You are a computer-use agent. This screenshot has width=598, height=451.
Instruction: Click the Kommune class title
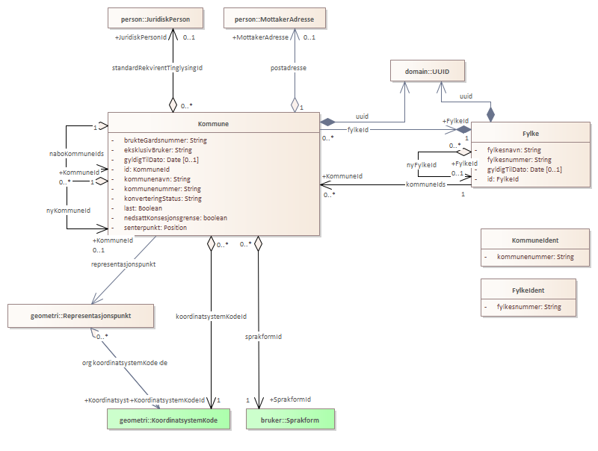tap(213, 123)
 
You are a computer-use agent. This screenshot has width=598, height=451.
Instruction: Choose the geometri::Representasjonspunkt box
tap(81, 315)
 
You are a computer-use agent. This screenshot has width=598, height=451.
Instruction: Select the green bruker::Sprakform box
tap(291, 420)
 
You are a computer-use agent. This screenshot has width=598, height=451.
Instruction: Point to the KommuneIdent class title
tap(535, 240)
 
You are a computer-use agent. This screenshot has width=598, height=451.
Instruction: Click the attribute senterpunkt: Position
tap(155, 227)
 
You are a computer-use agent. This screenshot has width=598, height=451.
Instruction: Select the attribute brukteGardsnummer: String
tap(165, 140)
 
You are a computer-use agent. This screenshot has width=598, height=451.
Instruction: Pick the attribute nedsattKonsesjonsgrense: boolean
tap(176, 217)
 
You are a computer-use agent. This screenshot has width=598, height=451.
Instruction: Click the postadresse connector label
tap(288, 68)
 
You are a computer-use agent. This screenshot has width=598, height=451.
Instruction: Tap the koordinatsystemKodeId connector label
tap(212, 317)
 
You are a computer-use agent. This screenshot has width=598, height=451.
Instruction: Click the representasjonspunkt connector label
tap(123, 264)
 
